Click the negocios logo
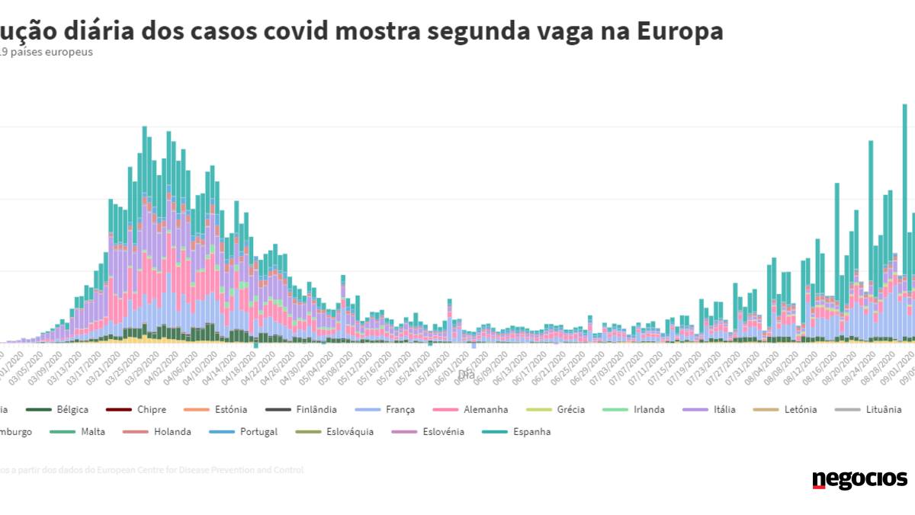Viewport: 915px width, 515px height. click(859, 479)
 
